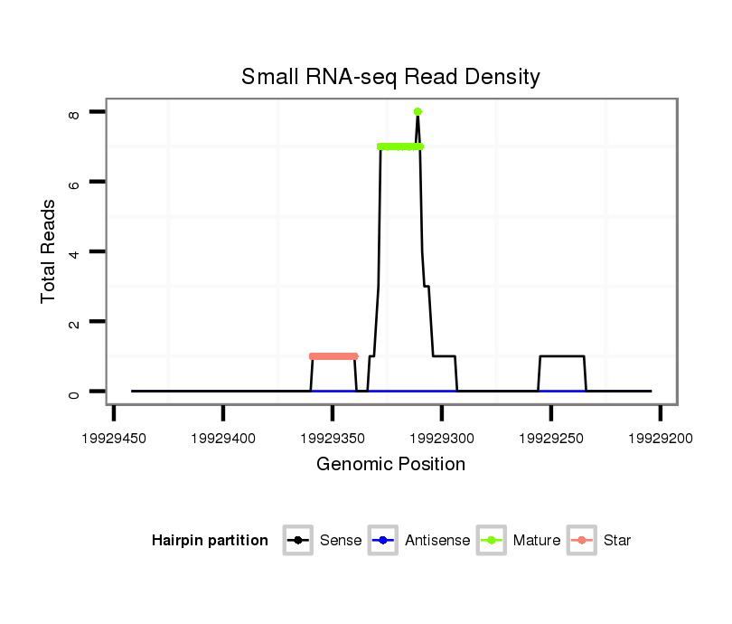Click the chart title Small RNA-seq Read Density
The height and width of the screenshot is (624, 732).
pyautogui.click(x=390, y=77)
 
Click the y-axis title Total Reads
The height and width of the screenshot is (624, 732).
pyautogui.click(x=49, y=251)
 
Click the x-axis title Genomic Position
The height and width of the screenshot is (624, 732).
pyautogui.click(x=390, y=465)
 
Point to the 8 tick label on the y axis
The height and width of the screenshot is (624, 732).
pyautogui.click(x=74, y=114)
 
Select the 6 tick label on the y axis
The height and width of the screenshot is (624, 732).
pyautogui.click(x=74, y=183)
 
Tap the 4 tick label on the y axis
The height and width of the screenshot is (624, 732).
pyautogui.click(x=74, y=252)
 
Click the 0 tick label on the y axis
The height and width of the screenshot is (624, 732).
pyautogui.click(x=74, y=392)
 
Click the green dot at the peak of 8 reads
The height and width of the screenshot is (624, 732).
pyautogui.click(x=418, y=112)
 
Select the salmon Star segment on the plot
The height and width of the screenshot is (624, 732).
pyautogui.click(x=333, y=356)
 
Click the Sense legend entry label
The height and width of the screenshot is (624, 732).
pyautogui.click(x=341, y=541)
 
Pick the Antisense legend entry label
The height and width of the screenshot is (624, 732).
pyautogui.click(x=437, y=541)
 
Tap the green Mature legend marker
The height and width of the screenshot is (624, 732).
pyautogui.click(x=491, y=541)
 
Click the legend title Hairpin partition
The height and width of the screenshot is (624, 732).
pyautogui.click(x=210, y=541)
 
